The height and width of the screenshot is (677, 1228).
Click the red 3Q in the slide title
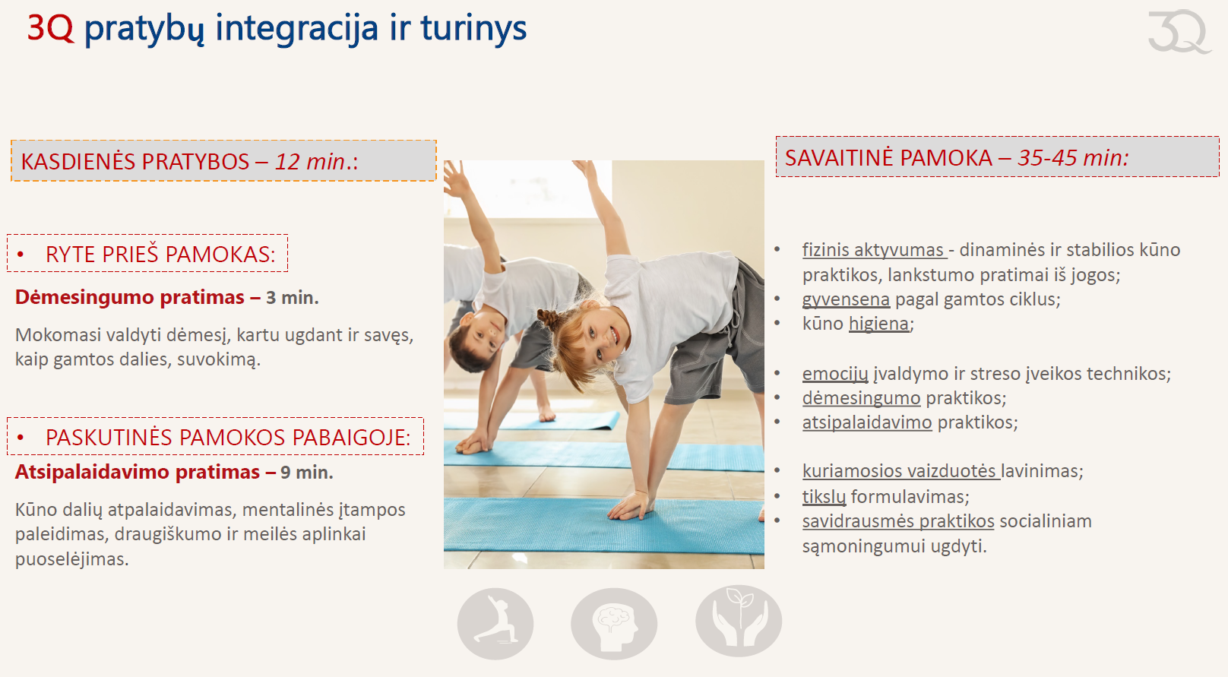(x=50, y=28)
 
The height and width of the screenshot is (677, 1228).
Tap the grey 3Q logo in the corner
(x=1179, y=31)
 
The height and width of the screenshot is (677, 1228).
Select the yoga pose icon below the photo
(x=495, y=623)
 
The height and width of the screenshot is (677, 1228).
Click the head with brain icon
(x=614, y=623)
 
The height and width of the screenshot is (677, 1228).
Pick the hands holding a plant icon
(x=739, y=621)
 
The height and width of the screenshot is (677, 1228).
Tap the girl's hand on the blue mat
(x=631, y=505)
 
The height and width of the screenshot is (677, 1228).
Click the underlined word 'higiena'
(x=878, y=324)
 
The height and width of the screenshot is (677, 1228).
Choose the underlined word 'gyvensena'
(x=846, y=299)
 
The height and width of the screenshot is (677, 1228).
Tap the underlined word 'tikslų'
(x=824, y=497)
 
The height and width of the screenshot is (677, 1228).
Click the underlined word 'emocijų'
(x=835, y=374)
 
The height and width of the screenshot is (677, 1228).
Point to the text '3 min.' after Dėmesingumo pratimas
(x=293, y=298)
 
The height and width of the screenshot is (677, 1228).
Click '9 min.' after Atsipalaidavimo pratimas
(x=307, y=473)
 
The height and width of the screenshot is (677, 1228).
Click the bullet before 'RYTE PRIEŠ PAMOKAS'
(x=21, y=255)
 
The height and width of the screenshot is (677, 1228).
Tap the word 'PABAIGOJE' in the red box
(x=351, y=438)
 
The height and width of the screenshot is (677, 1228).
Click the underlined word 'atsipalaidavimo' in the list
(x=867, y=422)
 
